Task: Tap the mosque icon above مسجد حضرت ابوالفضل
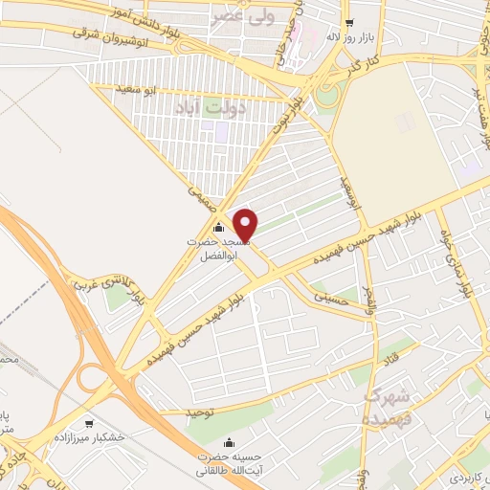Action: point(217,228)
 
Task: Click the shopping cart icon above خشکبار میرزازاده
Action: point(89,422)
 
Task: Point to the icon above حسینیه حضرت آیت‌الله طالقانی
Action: point(228,443)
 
